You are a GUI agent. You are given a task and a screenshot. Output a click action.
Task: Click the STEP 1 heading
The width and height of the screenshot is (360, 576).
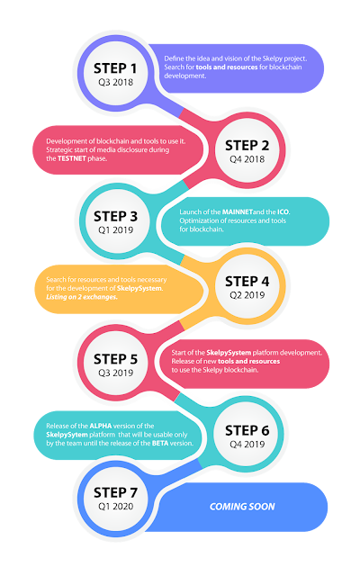(115, 68)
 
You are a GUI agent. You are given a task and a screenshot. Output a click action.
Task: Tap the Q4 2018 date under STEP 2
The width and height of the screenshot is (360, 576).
(247, 159)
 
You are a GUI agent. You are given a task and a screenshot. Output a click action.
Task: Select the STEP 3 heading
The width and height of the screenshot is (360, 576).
(115, 216)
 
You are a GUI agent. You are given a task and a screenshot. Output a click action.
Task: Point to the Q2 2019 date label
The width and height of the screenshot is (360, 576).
(247, 295)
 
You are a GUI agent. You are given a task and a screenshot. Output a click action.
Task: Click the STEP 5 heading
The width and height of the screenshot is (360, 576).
(115, 359)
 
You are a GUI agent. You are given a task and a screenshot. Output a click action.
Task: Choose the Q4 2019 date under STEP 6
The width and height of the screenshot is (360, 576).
(247, 444)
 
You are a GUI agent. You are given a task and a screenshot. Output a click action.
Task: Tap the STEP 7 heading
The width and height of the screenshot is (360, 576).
(115, 492)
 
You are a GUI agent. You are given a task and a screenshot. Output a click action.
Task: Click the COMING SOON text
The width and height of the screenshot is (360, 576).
(242, 507)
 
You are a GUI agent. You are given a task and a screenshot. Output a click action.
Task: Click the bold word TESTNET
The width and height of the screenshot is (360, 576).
(72, 158)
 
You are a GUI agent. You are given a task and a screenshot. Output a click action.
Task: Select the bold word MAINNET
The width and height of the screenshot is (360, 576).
(238, 212)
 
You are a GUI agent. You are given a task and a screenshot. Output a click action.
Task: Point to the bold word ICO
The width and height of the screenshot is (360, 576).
(283, 212)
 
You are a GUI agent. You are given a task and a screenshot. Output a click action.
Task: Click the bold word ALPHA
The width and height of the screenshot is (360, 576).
(100, 426)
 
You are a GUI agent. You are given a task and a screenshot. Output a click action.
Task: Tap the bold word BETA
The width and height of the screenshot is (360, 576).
(160, 443)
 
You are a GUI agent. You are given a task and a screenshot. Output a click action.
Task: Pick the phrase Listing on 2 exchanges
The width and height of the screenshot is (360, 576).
(82, 297)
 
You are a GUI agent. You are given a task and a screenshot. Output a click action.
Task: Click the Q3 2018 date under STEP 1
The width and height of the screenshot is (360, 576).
(115, 82)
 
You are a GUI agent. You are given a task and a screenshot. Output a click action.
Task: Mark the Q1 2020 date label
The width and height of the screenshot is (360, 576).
(115, 506)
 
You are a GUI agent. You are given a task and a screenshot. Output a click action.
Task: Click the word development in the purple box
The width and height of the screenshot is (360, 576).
(184, 76)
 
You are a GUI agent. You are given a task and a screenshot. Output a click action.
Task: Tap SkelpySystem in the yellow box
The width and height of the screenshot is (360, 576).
(139, 288)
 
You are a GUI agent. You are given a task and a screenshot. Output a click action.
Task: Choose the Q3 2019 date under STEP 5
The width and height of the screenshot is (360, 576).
(115, 373)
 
